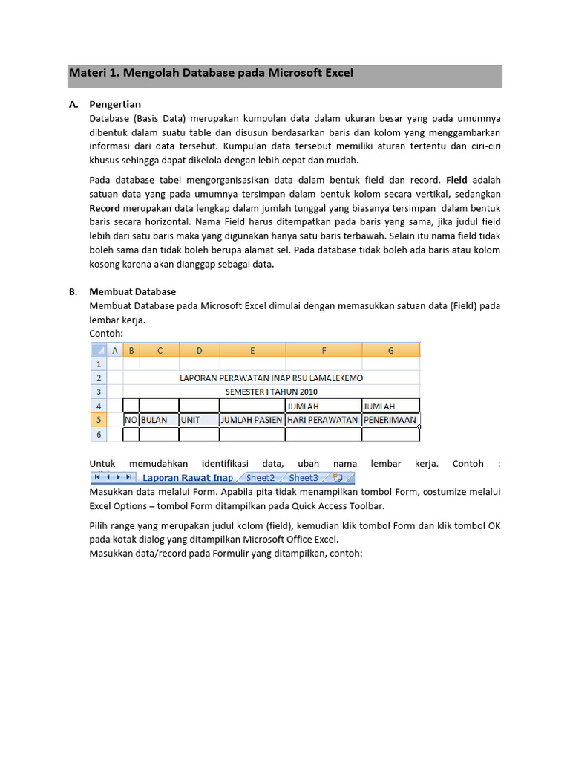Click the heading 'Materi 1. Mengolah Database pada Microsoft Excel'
[211, 73]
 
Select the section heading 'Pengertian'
[115, 104]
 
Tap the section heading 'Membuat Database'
[132, 291]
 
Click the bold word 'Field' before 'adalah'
[456, 180]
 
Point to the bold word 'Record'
[105, 207]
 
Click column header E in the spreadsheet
[252, 350]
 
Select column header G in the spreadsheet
[390, 350]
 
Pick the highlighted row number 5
[98, 420]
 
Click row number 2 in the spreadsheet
[98, 378]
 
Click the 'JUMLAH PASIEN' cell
[252, 420]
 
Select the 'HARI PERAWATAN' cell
[323, 420]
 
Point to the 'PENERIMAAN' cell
[390, 420]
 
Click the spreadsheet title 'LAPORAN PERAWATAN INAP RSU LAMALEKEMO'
[272, 378]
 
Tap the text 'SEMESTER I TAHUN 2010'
[272, 391]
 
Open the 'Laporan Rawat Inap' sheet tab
[187, 478]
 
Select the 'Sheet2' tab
[261, 478]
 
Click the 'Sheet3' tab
[304, 478]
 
